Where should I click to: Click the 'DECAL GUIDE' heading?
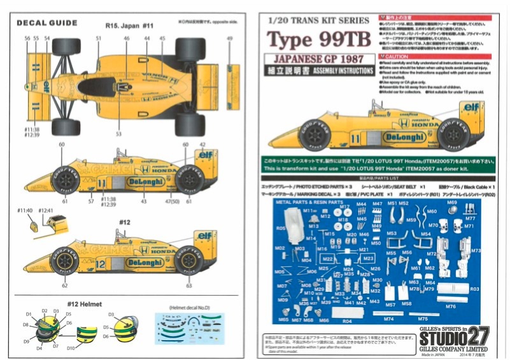46,23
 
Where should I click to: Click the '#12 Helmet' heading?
77,303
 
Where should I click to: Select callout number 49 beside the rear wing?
229,39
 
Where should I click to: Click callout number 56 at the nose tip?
27,39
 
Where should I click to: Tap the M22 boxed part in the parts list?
328,259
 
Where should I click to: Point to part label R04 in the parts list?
347,321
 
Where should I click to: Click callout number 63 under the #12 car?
188,286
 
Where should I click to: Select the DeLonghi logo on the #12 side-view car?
143,262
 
